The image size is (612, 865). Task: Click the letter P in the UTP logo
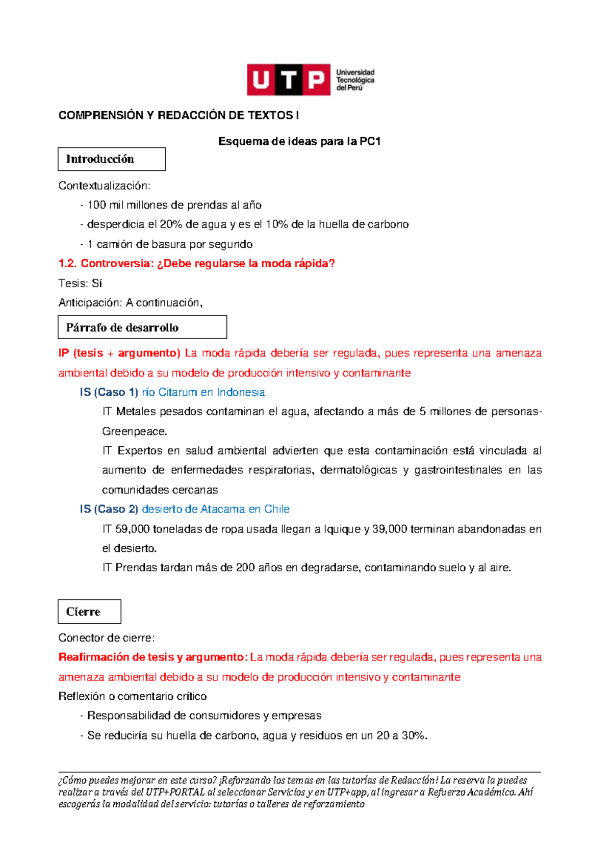317,80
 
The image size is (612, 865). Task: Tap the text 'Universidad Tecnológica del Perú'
355,80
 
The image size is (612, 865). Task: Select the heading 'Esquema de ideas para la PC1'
299,141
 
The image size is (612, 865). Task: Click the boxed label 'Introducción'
100,159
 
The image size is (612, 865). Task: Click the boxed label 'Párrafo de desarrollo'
122,327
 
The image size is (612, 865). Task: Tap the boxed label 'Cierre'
83,612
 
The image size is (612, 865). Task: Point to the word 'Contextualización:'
105,186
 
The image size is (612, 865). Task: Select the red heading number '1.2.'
67,264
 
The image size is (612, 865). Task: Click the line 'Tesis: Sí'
81,283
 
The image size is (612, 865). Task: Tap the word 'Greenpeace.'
135,431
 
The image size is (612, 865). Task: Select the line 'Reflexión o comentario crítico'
133,696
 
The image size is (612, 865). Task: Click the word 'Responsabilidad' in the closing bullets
129,716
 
